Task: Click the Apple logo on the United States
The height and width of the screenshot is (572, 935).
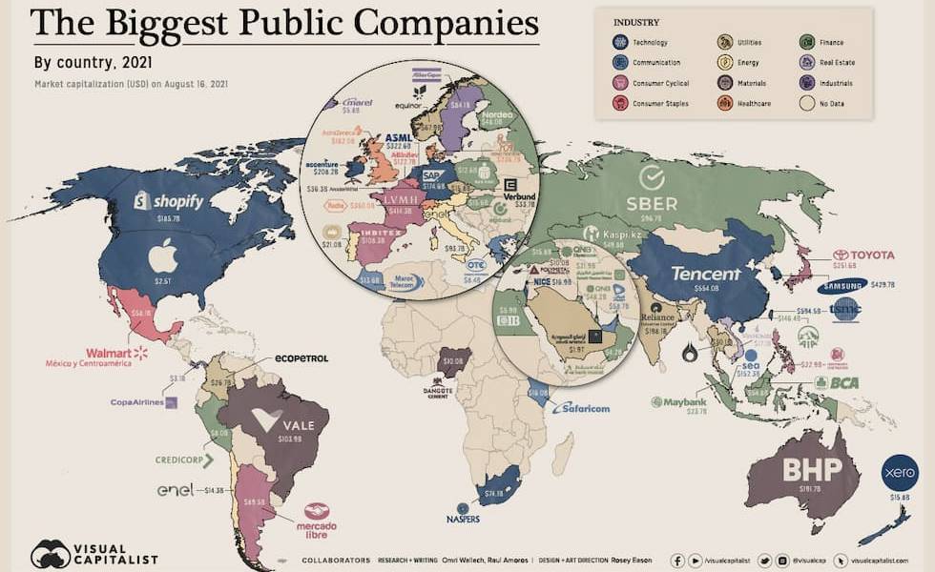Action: tap(162, 255)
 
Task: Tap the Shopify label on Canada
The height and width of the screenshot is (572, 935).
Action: tap(169, 201)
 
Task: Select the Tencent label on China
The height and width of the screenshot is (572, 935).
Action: tap(705, 274)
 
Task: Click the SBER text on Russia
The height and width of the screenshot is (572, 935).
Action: tap(652, 203)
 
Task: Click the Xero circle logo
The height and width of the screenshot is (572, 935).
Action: tap(900, 472)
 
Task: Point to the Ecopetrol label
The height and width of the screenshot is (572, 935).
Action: tap(301, 358)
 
